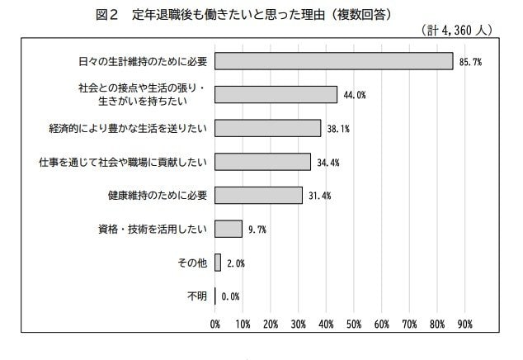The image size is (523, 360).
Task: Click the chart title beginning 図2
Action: pos(256,14)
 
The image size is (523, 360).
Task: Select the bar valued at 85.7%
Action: pos(334,61)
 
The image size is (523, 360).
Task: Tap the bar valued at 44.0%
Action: pos(276,94)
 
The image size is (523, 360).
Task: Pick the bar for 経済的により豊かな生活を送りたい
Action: pos(268,128)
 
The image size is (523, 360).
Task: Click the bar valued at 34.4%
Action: pos(263,161)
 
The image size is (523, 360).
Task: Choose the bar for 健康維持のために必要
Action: pos(259,195)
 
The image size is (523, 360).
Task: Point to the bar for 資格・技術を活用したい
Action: pos(229,228)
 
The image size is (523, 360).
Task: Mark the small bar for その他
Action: pos(218,262)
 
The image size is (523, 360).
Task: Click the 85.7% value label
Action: pos(470,62)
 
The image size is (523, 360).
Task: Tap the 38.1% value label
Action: pos(338,129)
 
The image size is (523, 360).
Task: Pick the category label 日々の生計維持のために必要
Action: pos(140,61)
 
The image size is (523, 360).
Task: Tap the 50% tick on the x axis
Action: pos(354,324)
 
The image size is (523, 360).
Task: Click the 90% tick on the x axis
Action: pos(464,324)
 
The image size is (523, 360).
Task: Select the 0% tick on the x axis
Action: pos(215,324)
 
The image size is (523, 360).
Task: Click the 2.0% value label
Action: pos(235,263)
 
